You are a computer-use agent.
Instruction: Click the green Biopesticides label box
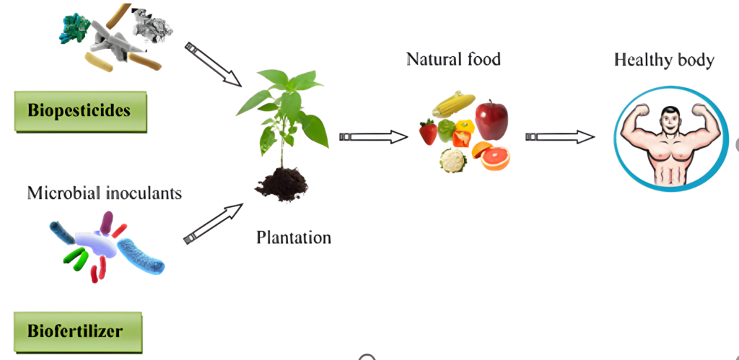pos(79,110)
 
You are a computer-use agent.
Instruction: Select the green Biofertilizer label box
pos(75,331)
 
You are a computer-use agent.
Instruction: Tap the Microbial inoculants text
pos(105,193)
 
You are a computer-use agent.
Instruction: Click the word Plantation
pos(294,236)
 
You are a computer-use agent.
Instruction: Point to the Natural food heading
pos(453,58)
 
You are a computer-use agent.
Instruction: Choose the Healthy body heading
pos(664,59)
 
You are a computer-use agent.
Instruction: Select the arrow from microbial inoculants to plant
pos(214,224)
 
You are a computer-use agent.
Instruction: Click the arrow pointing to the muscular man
pos(560,136)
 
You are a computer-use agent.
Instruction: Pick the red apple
pos(491,119)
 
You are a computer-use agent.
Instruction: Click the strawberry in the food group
pos(429,132)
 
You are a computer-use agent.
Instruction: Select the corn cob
pos(453,105)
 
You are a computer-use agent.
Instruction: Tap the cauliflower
pos(452,159)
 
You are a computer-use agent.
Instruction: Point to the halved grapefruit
pos(495,157)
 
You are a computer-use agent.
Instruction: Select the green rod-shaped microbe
pos(75,255)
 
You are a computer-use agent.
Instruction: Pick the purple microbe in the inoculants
pos(108,223)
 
